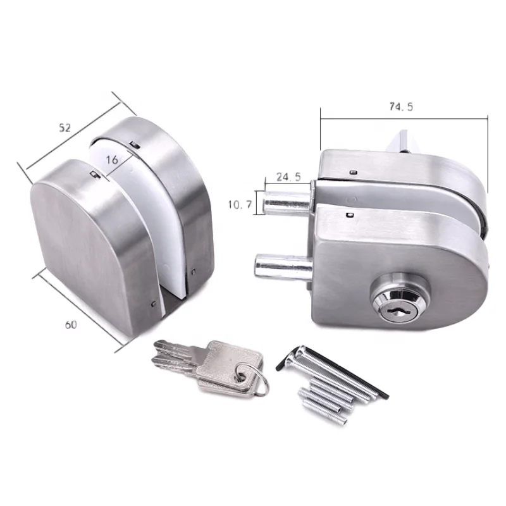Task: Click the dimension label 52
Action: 65,127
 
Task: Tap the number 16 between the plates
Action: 112,161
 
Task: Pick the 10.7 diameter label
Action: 240,204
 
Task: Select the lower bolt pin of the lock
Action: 281,264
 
